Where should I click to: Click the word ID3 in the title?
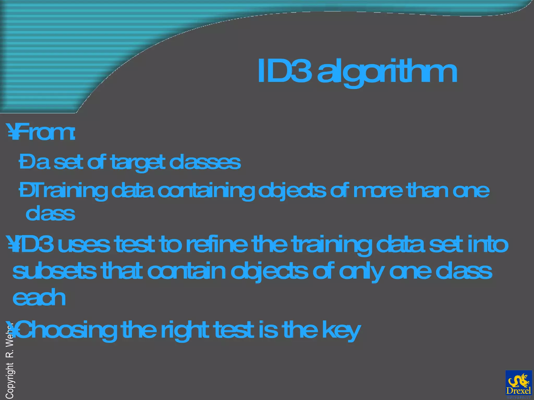284,71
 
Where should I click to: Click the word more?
378,191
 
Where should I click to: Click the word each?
39,298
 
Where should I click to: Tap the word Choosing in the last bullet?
66,330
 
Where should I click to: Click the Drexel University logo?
518,384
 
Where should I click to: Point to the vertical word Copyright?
10,380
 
